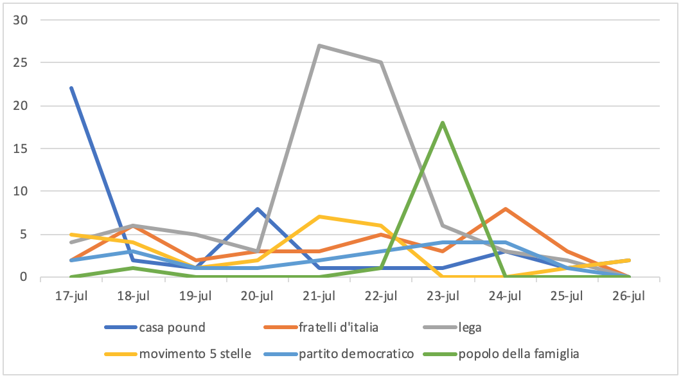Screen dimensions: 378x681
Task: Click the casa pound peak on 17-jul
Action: click(x=71, y=88)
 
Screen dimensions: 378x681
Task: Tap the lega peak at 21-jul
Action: click(x=319, y=46)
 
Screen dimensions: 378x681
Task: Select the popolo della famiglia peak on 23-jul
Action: click(x=443, y=122)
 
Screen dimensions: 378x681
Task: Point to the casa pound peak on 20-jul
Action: click(x=257, y=208)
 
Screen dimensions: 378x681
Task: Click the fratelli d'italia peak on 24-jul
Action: click(x=505, y=208)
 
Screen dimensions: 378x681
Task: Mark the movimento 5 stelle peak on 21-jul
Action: click(x=319, y=217)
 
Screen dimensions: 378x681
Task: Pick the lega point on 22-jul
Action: click(x=381, y=62)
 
